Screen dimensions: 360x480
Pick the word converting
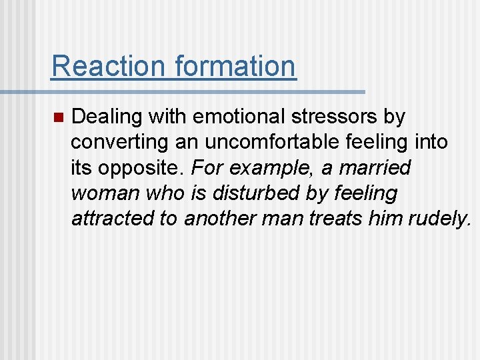coord(115,143)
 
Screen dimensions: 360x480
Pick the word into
coord(430,143)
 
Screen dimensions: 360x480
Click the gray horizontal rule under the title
coord(207,91)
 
